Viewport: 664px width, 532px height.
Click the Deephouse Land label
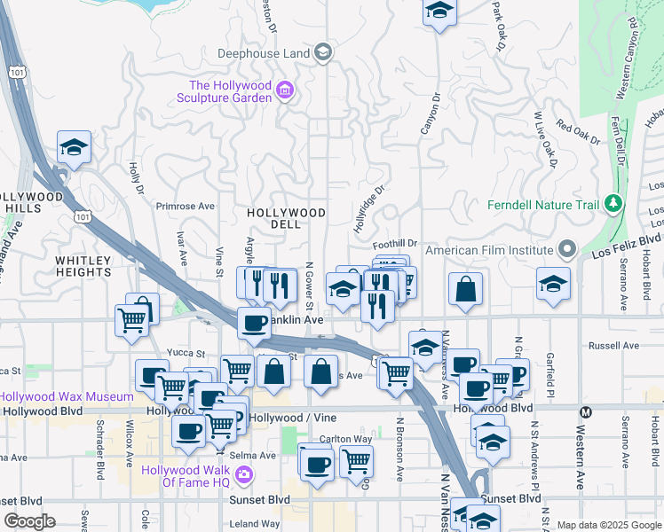tap(264, 53)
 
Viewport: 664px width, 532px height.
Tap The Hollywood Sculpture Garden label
tap(229, 91)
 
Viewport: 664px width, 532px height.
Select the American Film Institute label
tap(489, 250)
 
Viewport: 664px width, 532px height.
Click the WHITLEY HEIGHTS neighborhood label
tap(84, 266)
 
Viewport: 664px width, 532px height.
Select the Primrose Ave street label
tap(186, 207)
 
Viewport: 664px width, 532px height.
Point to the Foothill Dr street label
tap(395, 243)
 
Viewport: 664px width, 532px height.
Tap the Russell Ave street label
tap(618, 345)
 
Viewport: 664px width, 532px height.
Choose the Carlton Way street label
tap(346, 438)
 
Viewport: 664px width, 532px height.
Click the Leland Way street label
tap(255, 524)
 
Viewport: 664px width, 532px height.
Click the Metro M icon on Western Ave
tap(585, 412)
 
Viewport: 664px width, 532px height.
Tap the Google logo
tap(29, 521)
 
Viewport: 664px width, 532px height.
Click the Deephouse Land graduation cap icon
tap(322, 51)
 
